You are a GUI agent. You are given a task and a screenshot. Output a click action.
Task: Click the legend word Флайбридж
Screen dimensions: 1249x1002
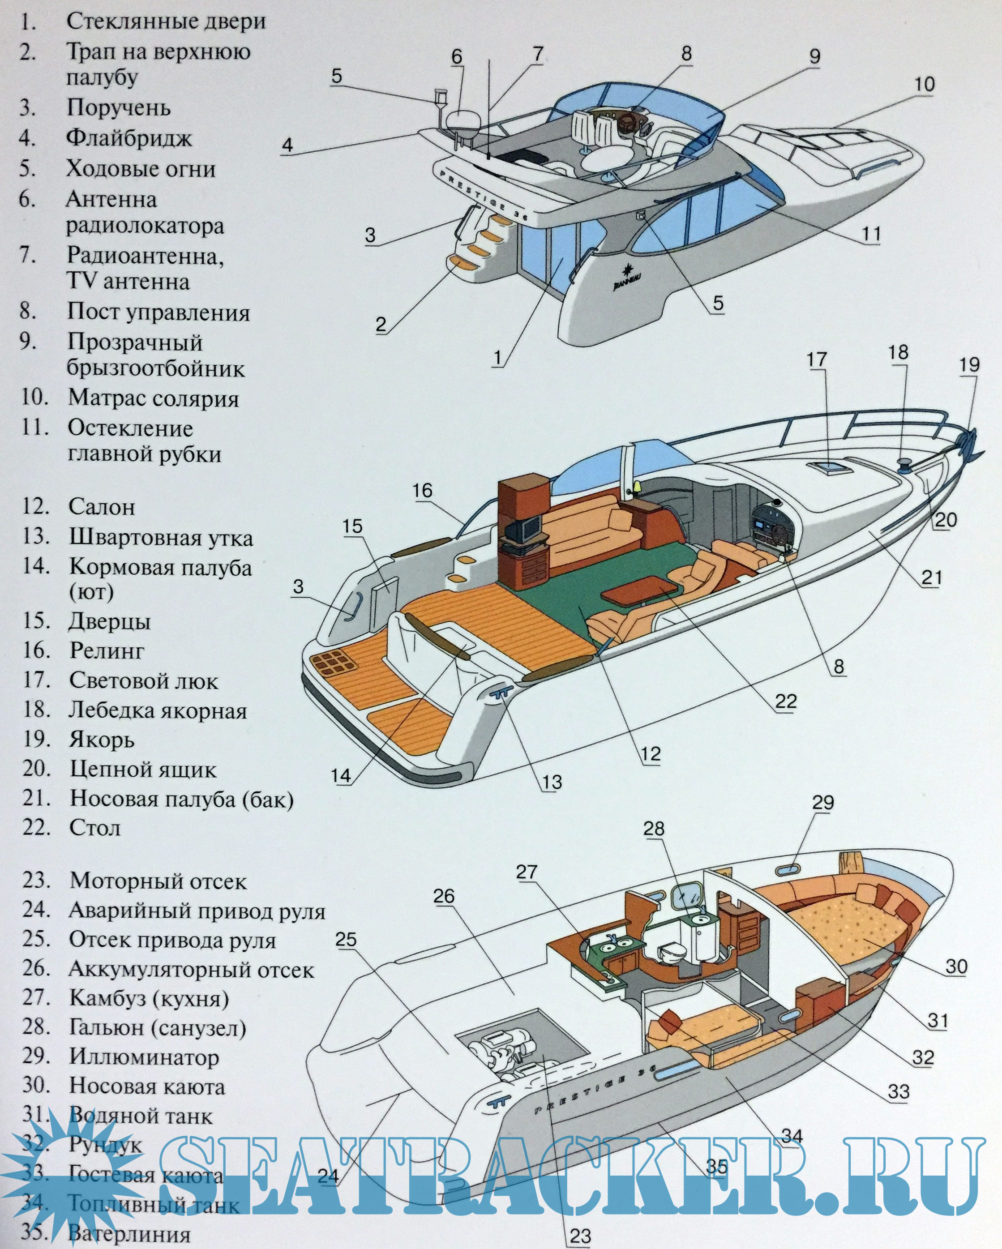click(x=128, y=138)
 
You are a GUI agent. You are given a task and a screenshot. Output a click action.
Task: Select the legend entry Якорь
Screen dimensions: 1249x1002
click(x=102, y=740)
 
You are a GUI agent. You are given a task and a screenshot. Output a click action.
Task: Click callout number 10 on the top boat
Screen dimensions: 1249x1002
click(x=925, y=85)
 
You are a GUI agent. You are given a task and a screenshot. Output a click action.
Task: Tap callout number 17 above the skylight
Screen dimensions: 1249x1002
click(x=817, y=360)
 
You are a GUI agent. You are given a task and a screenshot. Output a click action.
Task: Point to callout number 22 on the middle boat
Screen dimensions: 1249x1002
click(x=786, y=701)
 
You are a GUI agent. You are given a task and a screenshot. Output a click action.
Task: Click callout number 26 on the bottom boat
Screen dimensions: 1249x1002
click(x=444, y=896)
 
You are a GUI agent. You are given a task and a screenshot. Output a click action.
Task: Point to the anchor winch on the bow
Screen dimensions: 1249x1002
click(x=906, y=464)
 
